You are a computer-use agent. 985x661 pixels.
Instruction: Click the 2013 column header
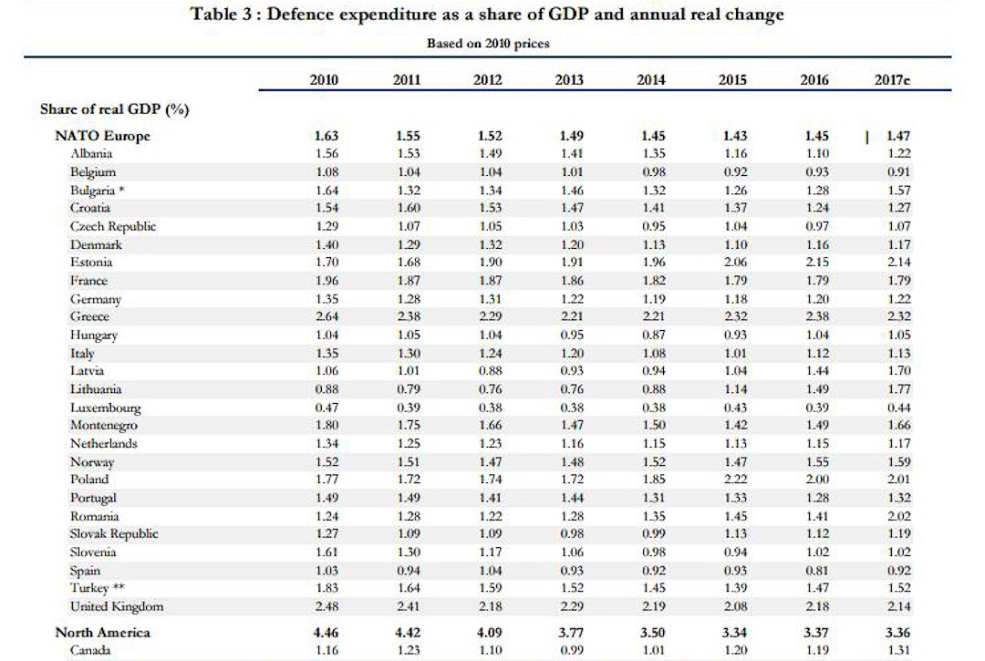coord(569,80)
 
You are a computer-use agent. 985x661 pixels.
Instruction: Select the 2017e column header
coord(892,80)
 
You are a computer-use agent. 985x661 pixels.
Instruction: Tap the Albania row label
coord(90,154)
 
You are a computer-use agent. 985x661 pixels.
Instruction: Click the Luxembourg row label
coord(105,408)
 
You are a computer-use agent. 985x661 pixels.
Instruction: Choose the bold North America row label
coord(102,632)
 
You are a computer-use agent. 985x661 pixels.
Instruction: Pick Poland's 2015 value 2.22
coord(732,480)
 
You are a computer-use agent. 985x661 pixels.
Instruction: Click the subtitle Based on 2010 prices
coord(488,43)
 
